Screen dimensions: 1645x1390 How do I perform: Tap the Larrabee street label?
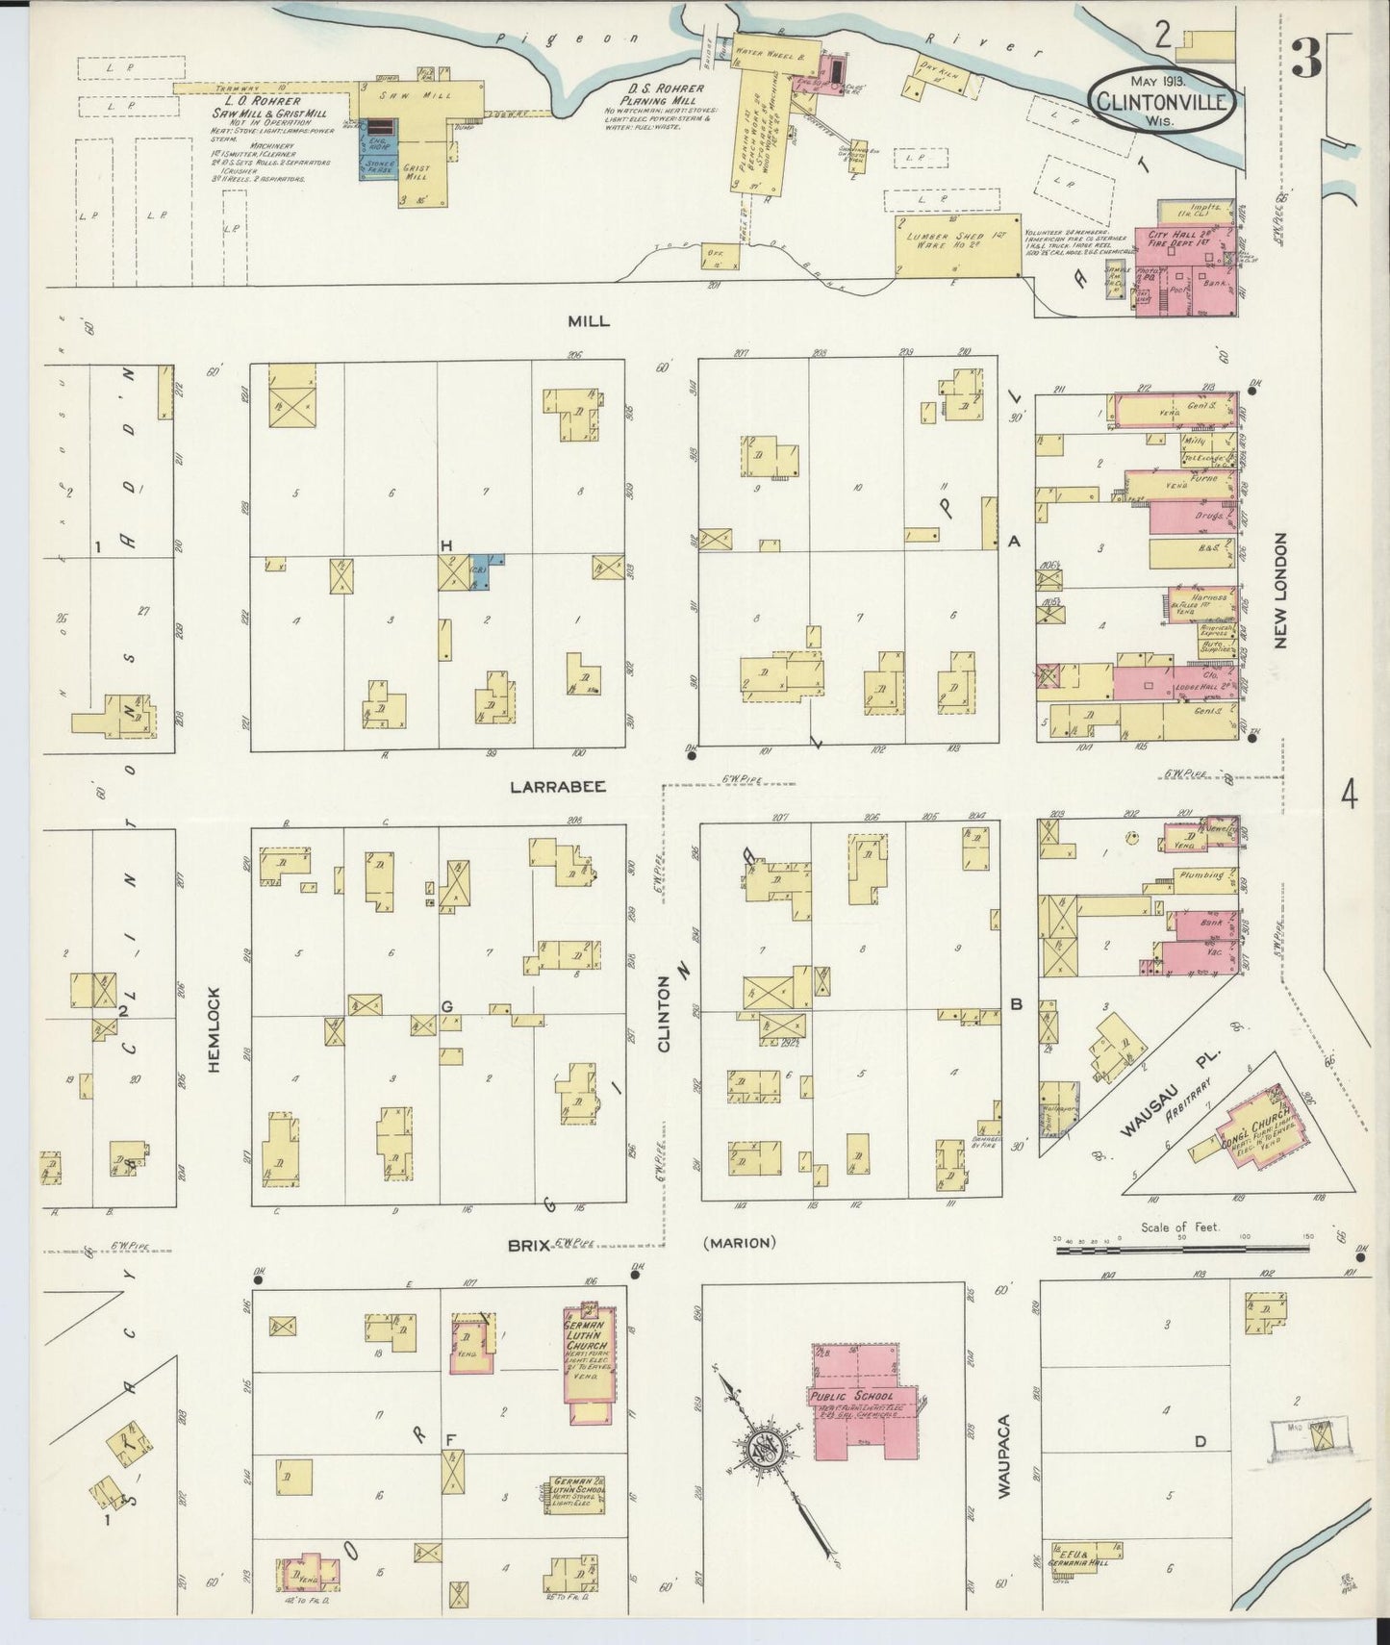(558, 786)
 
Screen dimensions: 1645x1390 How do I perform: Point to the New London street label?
(1280, 592)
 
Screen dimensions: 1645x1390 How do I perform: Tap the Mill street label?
(588, 321)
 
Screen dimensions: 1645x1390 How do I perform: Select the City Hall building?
(1188, 270)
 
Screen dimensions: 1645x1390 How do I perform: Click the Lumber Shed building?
(957, 245)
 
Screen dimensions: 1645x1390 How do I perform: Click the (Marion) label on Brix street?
(739, 1243)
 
